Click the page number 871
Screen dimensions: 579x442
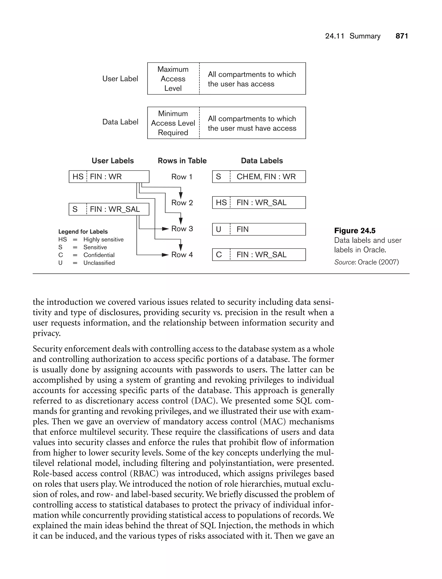pos(401,36)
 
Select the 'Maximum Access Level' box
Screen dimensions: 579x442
pos(173,79)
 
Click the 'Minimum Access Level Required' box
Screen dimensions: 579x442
pos(173,123)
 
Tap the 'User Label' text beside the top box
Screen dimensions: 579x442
pos(120,79)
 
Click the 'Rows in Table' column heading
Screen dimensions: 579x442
pos(182,161)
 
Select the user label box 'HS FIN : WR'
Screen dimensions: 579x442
pos(109,177)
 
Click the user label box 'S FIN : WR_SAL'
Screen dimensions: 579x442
pos(109,209)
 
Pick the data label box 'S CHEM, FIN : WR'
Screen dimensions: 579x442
pos(259,177)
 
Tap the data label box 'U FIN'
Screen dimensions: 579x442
pos(259,229)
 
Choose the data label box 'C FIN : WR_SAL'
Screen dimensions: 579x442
pos(259,255)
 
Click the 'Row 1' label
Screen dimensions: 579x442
pos(182,177)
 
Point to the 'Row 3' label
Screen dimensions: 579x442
pos(182,229)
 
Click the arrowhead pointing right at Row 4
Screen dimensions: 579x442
pos(165,255)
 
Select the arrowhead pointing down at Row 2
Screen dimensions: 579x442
pos(181,195)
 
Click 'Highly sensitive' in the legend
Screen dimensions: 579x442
pos(103,239)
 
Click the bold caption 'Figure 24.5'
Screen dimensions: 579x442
pos(355,231)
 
